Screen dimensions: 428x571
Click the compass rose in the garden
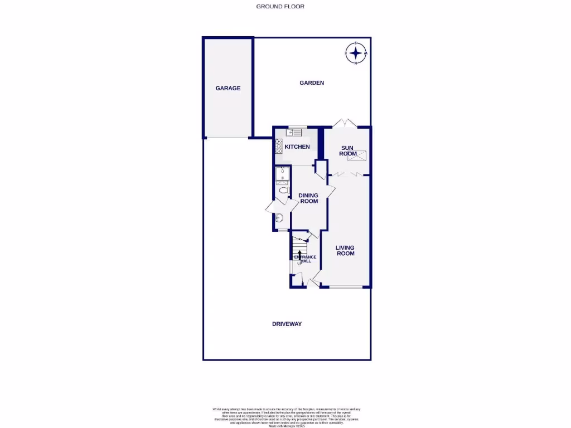[x=356, y=53]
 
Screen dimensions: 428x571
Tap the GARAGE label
[x=228, y=88]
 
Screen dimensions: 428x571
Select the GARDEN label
[x=312, y=83]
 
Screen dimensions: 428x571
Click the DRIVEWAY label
[x=287, y=324]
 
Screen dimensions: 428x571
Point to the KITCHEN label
[x=297, y=147]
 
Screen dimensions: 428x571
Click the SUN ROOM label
[x=348, y=150]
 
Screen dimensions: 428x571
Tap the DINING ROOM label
[x=308, y=198]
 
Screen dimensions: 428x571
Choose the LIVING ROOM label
[x=345, y=250]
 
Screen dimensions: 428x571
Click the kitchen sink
[x=294, y=132]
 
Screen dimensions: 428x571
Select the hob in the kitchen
[x=278, y=146]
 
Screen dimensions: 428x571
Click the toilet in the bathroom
[x=283, y=191]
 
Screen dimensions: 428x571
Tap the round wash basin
[x=279, y=218]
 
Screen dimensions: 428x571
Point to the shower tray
[x=282, y=176]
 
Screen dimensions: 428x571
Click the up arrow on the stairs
[x=300, y=255]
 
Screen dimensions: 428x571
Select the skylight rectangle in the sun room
[x=358, y=156]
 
